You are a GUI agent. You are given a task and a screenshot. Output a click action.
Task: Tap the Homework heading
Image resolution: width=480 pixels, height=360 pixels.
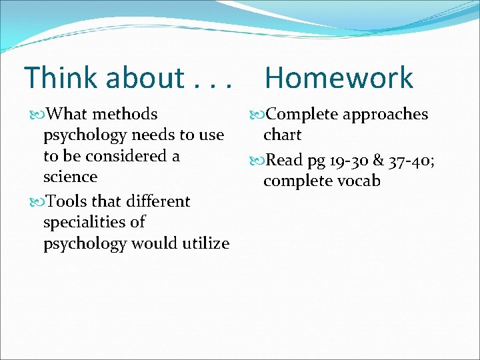[339, 78]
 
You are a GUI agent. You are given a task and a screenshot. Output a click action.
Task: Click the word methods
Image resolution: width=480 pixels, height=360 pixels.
[125, 115]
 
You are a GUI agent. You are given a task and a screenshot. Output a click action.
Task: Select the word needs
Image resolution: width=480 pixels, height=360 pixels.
[155, 135]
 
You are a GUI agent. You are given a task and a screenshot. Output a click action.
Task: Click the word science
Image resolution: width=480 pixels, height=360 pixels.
[70, 177]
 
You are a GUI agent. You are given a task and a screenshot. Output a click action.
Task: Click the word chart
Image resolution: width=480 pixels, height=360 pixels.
[282, 135]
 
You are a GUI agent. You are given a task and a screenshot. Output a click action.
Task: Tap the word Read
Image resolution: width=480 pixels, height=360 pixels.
[284, 160]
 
